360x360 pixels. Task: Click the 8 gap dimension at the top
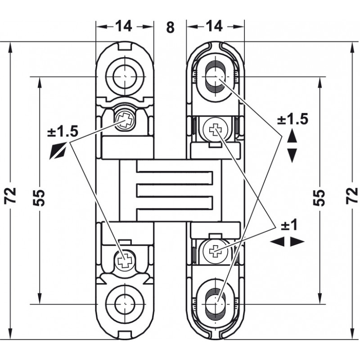click(170, 27)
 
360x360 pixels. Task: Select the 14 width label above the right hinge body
click(216, 26)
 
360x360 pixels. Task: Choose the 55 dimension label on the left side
click(40, 196)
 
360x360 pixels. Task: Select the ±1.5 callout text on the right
click(292, 119)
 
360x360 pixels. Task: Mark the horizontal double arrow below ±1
click(288, 242)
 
